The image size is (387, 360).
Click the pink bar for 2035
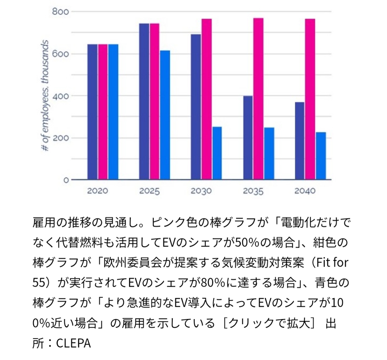point(258,99)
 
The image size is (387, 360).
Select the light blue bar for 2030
point(217,153)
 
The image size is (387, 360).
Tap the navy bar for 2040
point(300,141)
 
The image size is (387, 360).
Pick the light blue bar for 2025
point(165,115)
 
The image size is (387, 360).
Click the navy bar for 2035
point(248,138)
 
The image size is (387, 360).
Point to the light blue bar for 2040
point(320,156)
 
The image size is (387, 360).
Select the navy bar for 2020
point(93,112)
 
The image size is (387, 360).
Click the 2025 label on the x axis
point(149,191)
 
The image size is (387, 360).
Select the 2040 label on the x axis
point(305,191)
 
